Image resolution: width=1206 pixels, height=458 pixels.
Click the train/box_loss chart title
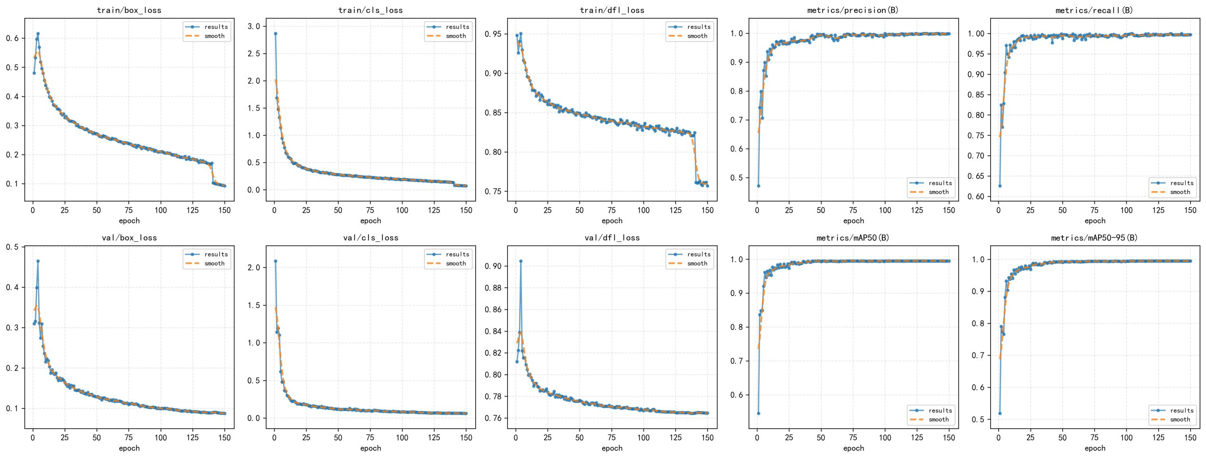tap(129, 10)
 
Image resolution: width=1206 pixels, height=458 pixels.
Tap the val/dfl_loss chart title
tap(612, 238)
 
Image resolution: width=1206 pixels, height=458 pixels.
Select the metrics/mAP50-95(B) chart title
tap(1094, 238)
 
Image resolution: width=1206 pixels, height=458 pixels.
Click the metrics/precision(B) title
tap(853, 10)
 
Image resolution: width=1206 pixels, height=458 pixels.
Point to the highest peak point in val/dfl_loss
tap(521, 261)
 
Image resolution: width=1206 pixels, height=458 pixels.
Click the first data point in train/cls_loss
tap(276, 33)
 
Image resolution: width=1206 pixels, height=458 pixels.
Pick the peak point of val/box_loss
tap(38, 261)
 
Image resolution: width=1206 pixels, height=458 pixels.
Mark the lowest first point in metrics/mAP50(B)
tap(758, 413)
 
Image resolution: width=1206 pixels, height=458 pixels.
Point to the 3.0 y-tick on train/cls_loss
tap(254, 26)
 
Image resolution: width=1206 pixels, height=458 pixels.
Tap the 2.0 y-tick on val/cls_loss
tap(254, 267)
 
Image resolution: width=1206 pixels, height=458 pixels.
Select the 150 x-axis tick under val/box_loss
tap(225, 438)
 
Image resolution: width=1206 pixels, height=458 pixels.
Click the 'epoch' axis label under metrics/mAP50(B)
tap(853, 448)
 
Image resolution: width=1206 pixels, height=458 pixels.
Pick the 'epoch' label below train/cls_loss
tap(371, 221)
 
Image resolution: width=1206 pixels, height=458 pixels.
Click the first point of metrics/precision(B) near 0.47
tap(758, 186)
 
